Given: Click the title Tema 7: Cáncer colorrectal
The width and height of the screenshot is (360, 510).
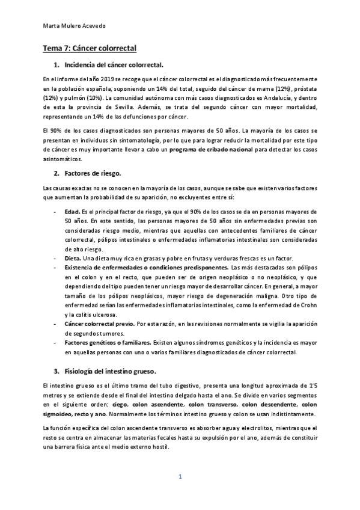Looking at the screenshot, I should [90, 47].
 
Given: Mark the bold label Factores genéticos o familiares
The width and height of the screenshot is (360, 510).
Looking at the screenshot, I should [108, 342].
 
